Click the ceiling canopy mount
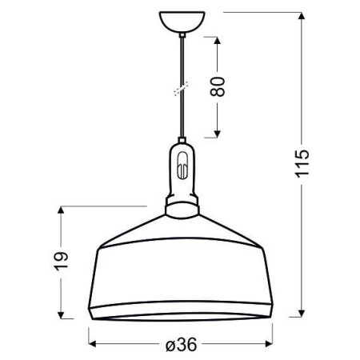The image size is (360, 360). coord(182,20)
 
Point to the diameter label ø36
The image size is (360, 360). coord(181,345)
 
